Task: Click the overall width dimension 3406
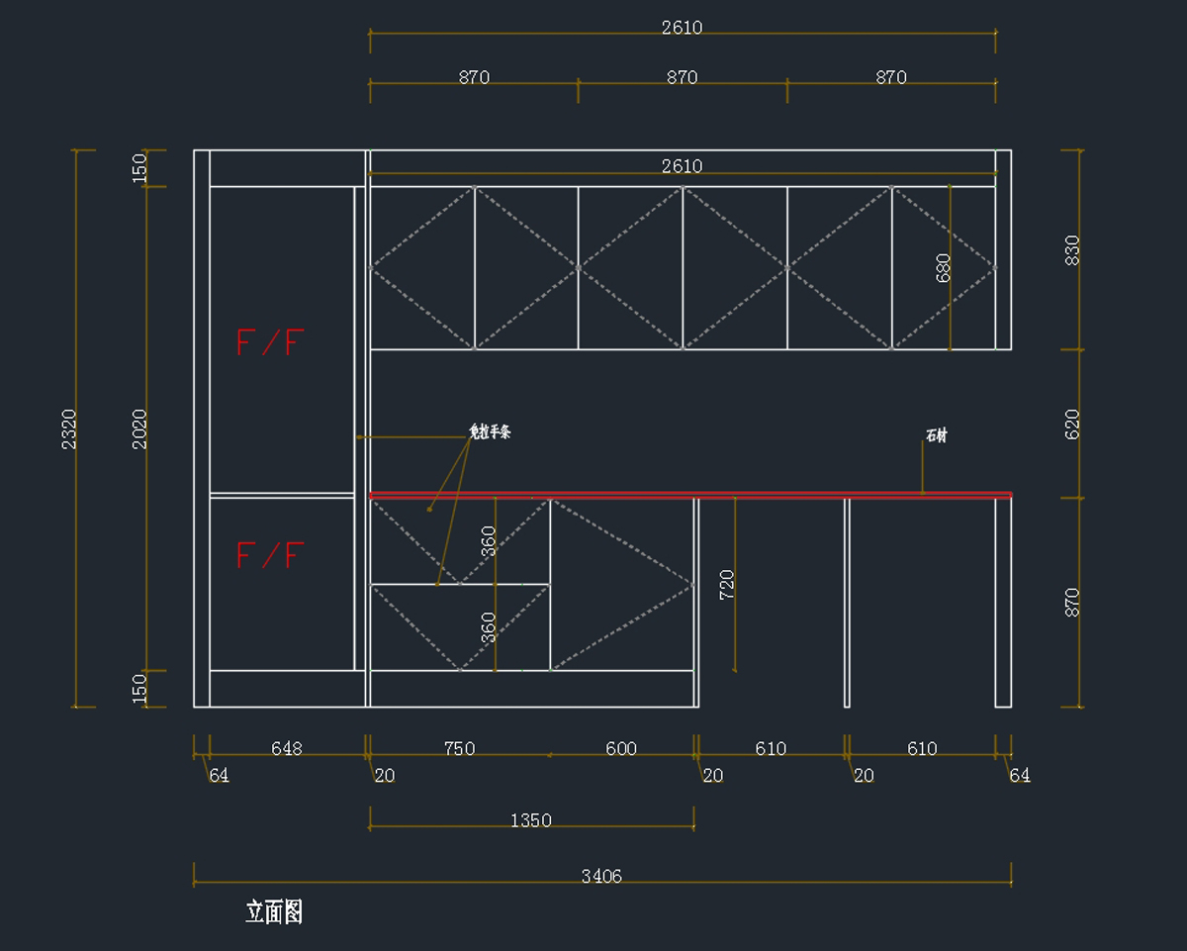coord(601,876)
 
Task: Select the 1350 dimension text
coord(531,820)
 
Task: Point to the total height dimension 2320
coord(69,428)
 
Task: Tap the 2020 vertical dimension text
coord(139,428)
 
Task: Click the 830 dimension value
coord(1072,249)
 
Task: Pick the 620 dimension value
coord(1072,424)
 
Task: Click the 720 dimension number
coord(727,585)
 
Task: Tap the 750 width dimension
coord(460,749)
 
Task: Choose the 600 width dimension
coord(621,749)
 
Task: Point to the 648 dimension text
coord(287,749)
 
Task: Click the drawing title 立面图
coord(274,912)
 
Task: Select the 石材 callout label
coord(936,435)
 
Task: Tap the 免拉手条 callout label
coord(490,432)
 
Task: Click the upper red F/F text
coord(269,342)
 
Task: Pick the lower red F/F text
coord(269,555)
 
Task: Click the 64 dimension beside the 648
coord(219,776)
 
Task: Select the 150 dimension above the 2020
coord(139,166)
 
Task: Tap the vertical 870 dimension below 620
coord(1072,602)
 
